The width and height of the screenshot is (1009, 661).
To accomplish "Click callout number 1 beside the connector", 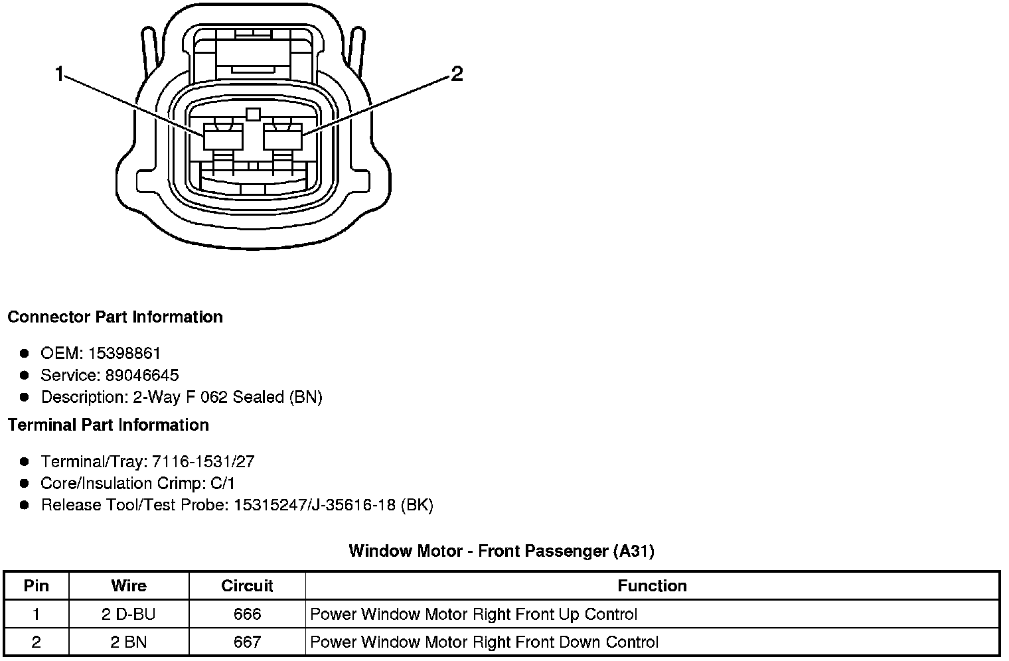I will click(x=60, y=74).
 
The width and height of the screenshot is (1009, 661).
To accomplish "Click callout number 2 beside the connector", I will click(x=457, y=74).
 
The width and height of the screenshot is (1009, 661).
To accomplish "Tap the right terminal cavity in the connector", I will click(x=283, y=139).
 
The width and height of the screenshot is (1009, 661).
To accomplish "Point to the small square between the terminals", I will click(x=252, y=114).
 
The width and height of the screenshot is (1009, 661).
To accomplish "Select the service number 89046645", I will click(x=141, y=375).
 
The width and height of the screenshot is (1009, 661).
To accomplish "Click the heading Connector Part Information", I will click(x=115, y=317).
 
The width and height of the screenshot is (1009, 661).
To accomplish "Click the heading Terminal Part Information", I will click(x=108, y=425).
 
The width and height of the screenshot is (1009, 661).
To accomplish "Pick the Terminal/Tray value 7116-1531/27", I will click(x=203, y=461).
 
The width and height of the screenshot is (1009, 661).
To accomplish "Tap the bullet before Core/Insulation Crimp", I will click(x=25, y=483).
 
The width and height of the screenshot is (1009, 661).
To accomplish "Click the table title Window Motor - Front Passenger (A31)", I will click(x=501, y=551).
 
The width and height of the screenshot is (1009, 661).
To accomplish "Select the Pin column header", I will click(x=36, y=585).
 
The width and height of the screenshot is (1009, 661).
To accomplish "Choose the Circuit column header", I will click(x=247, y=585).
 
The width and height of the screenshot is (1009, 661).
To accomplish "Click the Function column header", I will click(x=652, y=585).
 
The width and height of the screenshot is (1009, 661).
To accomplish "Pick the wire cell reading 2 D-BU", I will click(x=129, y=614).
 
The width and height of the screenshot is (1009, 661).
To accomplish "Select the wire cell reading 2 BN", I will click(x=129, y=642).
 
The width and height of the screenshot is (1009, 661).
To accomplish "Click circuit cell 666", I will click(x=247, y=614).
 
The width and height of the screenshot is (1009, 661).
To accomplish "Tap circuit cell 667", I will click(x=247, y=642).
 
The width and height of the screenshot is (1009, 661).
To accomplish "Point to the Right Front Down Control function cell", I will click(x=485, y=642).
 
